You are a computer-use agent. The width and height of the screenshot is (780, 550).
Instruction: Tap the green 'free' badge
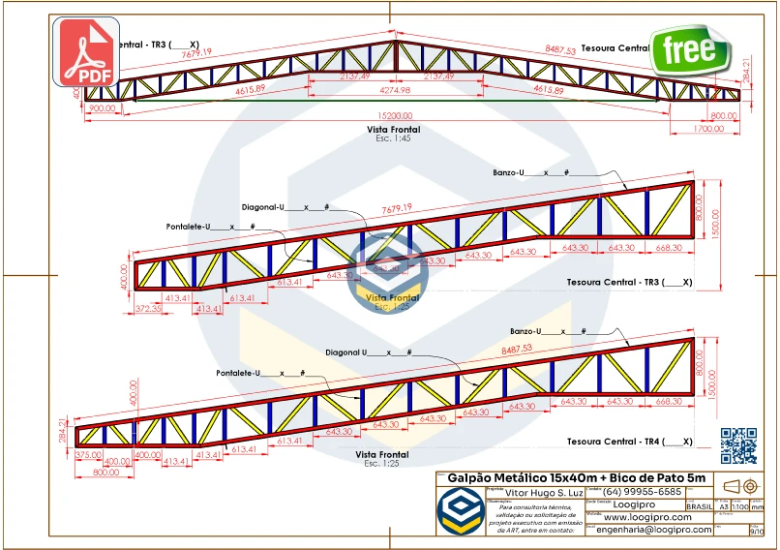(690, 50)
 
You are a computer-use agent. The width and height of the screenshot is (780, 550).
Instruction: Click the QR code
(739, 444)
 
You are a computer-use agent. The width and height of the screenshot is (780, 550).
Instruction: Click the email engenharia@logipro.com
(654, 530)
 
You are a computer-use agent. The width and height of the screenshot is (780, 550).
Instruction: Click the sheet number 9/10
(757, 531)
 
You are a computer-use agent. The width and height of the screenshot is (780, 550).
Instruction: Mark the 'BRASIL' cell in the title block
(700, 506)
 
